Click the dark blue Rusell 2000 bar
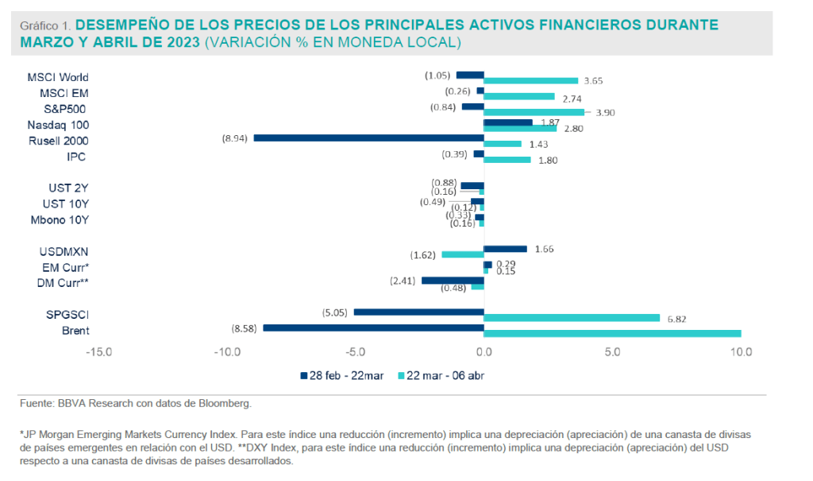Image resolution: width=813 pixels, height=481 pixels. (368, 138)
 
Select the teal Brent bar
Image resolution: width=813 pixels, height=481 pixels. (612, 333)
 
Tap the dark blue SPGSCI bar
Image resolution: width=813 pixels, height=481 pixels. (418, 312)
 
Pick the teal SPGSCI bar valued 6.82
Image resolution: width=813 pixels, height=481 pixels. (572, 318)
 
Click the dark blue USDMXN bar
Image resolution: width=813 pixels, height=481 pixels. (505, 249)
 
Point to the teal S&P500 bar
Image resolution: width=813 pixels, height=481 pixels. (534, 112)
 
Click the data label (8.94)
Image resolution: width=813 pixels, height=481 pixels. (236, 138)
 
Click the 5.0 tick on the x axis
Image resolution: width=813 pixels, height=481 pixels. (612, 351)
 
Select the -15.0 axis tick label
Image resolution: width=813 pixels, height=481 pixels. (98, 351)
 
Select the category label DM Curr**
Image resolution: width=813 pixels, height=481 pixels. (64, 281)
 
